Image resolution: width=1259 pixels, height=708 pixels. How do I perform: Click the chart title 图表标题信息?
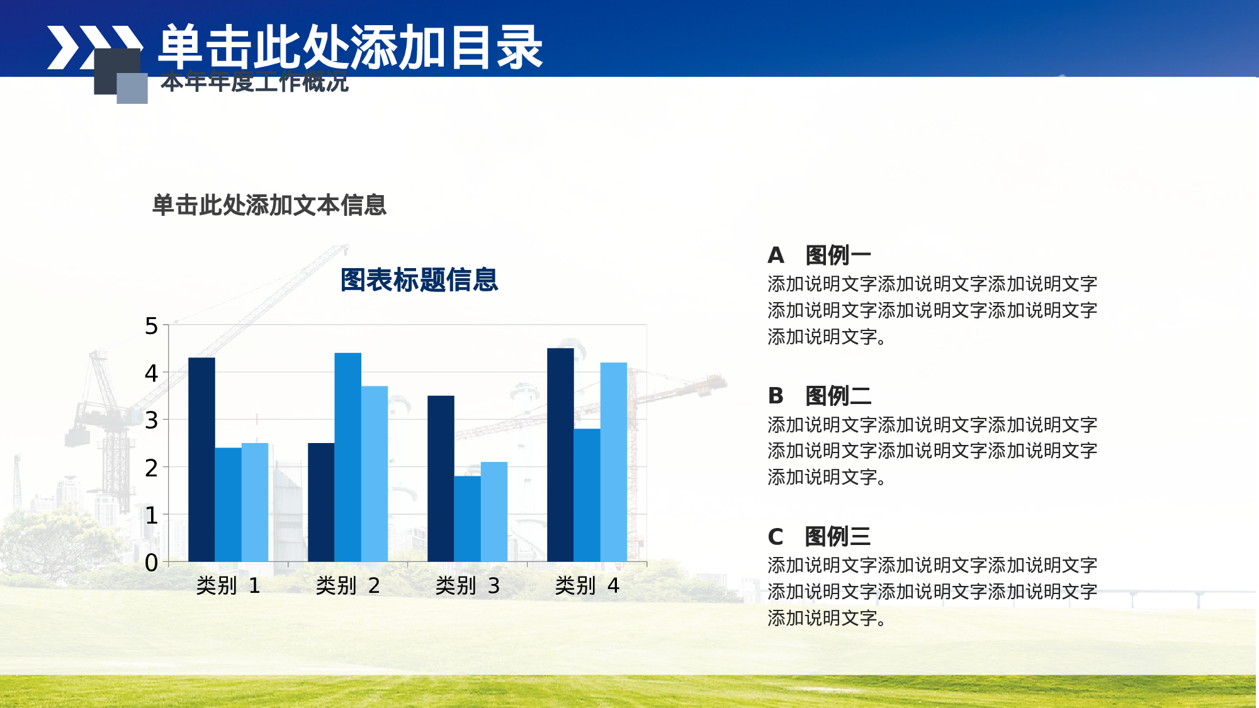(x=419, y=280)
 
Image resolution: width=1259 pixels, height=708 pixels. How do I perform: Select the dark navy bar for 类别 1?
(x=201, y=459)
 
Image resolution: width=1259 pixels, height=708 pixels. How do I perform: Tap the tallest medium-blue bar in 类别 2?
(x=347, y=457)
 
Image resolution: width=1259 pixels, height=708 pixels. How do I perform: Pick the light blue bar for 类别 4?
(x=614, y=462)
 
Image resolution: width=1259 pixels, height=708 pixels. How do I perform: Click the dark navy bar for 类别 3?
(x=441, y=478)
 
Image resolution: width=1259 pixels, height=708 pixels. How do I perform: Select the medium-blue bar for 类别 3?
(x=467, y=519)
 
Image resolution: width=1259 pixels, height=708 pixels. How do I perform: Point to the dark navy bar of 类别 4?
(x=560, y=454)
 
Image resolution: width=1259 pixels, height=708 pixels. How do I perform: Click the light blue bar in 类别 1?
(x=255, y=502)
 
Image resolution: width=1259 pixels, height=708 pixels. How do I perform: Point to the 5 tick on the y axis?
(x=151, y=326)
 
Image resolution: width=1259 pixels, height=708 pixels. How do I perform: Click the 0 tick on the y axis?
(x=151, y=563)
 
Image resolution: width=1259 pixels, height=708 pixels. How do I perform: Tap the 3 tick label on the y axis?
(x=151, y=420)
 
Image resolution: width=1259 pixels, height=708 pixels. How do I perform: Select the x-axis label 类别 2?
(x=347, y=586)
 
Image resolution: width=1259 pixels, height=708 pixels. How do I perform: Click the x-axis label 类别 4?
(x=587, y=586)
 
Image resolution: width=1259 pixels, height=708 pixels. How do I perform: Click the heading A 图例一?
(x=819, y=256)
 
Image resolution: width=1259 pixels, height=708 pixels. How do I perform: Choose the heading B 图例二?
(x=819, y=396)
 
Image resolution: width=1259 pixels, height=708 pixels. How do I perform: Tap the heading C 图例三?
(x=819, y=537)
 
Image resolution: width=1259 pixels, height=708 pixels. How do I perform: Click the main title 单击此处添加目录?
(x=350, y=47)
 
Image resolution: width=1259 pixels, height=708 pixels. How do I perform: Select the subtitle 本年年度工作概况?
(x=254, y=82)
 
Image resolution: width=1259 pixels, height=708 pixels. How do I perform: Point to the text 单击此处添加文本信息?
(x=269, y=205)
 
